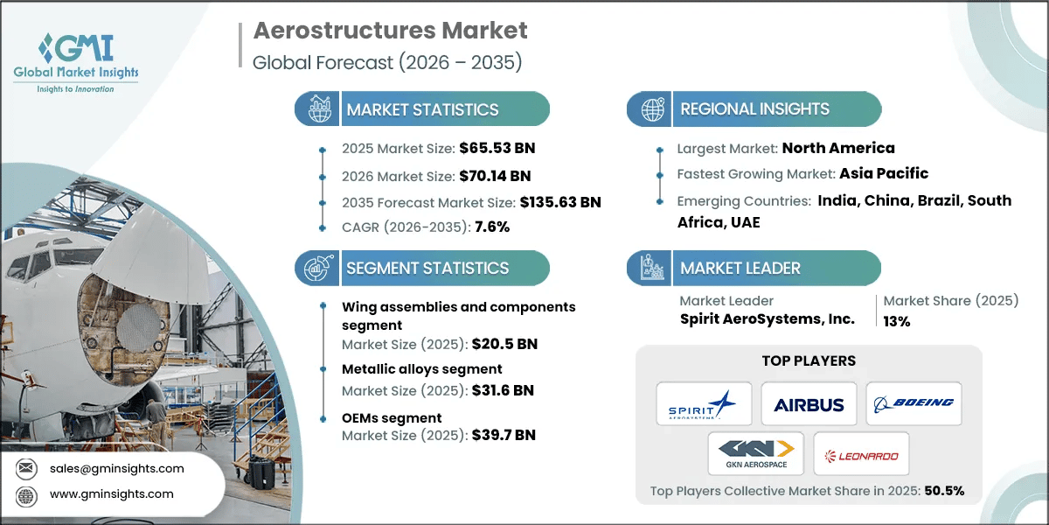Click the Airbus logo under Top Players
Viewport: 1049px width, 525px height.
(809, 404)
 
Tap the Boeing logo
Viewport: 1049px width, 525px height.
(914, 404)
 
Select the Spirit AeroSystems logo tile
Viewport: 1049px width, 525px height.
(704, 404)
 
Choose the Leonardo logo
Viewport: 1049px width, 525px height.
(861, 454)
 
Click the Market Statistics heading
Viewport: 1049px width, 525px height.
(422, 109)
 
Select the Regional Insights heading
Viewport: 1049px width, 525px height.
(754, 109)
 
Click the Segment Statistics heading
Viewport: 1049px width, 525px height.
(427, 268)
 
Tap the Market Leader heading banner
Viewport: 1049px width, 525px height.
(740, 268)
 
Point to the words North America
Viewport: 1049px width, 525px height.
(838, 148)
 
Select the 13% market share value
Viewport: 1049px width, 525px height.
(897, 321)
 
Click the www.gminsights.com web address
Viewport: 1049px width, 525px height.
(111, 494)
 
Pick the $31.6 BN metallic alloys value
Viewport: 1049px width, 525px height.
(504, 390)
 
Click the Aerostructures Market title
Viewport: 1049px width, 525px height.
(390, 32)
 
